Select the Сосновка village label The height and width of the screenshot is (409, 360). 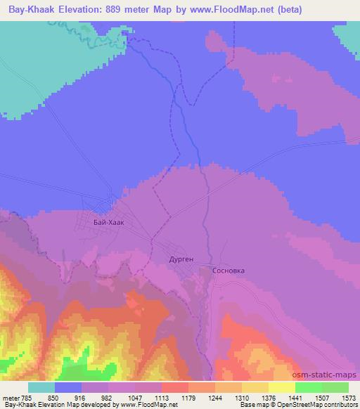click(x=233, y=269)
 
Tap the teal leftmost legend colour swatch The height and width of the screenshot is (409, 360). click(x=41, y=387)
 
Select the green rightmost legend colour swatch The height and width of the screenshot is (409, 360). click(x=335, y=387)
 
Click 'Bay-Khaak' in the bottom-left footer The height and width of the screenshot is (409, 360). click(x=17, y=405)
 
